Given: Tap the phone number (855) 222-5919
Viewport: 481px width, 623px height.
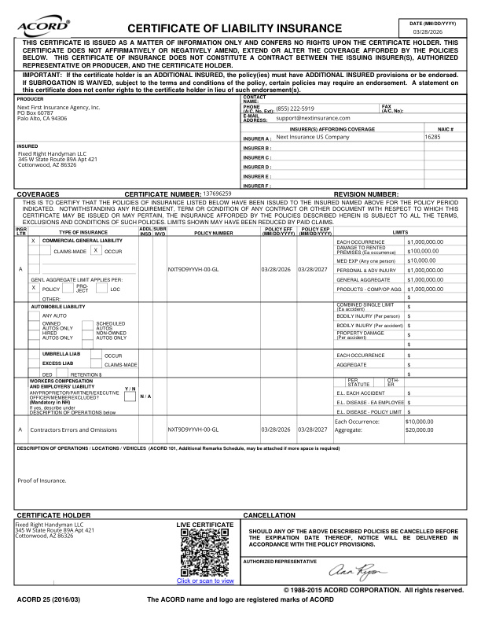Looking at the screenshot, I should click(296, 109).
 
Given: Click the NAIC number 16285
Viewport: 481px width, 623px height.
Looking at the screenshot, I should click(432, 136).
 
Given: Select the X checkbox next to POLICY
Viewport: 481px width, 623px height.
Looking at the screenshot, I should click(34, 288).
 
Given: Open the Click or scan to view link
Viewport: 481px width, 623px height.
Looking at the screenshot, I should click(205, 581).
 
